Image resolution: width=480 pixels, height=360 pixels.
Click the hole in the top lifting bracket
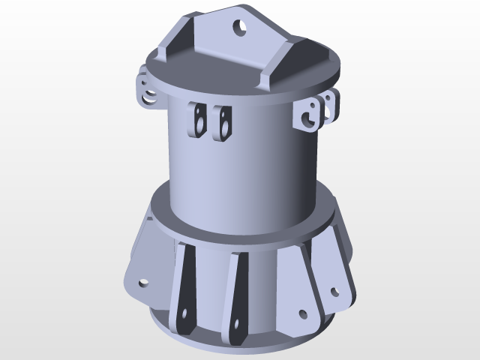(241, 28)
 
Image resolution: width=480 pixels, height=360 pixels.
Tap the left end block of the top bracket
(172, 47)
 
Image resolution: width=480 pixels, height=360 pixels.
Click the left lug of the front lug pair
(199, 121)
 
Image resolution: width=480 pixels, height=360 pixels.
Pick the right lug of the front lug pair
(222, 122)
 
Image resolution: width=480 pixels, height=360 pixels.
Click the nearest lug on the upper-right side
(307, 116)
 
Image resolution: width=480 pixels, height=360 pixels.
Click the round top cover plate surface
(225, 71)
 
